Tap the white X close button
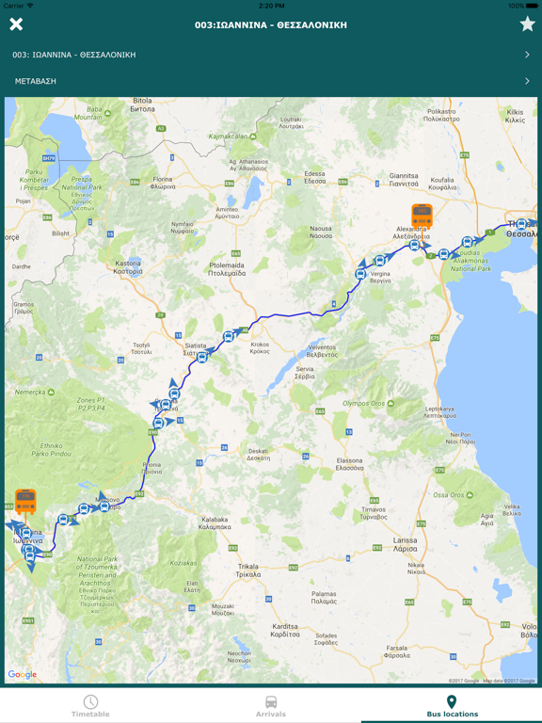click(16, 24)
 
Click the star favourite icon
click(527, 24)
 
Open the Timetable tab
click(90, 706)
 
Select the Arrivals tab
click(271, 706)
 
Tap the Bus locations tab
click(452, 706)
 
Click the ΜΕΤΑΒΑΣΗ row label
click(36, 81)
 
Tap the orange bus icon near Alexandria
click(422, 217)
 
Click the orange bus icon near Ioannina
click(25, 501)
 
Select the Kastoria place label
click(127, 268)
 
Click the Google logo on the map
click(23, 674)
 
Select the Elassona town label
click(350, 464)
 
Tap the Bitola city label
click(143, 104)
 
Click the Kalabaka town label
click(215, 522)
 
